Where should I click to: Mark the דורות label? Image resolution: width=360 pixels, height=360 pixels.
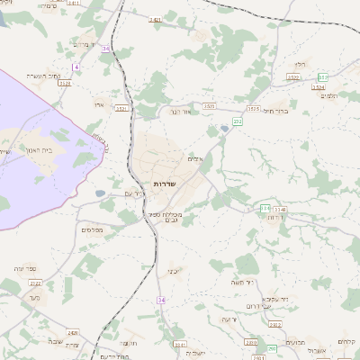(x=279, y=217)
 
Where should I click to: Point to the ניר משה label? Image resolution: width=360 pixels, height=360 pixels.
(x=245, y=282)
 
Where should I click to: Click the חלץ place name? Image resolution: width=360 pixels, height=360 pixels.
(x=301, y=64)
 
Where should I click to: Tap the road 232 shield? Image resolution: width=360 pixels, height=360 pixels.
(x=238, y=120)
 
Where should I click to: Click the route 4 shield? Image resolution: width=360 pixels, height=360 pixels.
(x=77, y=67)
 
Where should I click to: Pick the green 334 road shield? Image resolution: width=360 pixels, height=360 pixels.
(x=266, y=209)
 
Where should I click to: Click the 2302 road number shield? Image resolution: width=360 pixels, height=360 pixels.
(x=275, y=325)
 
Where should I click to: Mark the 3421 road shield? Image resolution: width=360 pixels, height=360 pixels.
(x=155, y=19)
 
